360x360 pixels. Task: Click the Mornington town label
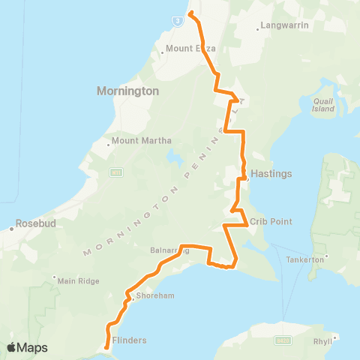(127, 91)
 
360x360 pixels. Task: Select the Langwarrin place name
(283, 28)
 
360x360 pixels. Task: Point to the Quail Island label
(323, 103)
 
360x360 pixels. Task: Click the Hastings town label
(271, 173)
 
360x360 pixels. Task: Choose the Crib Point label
(271, 222)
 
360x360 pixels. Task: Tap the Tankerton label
(328, 259)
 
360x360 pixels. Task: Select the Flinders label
(129, 340)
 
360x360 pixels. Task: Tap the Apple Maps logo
(27, 347)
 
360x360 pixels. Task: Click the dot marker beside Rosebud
(11, 226)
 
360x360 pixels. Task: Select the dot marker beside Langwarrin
(259, 29)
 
